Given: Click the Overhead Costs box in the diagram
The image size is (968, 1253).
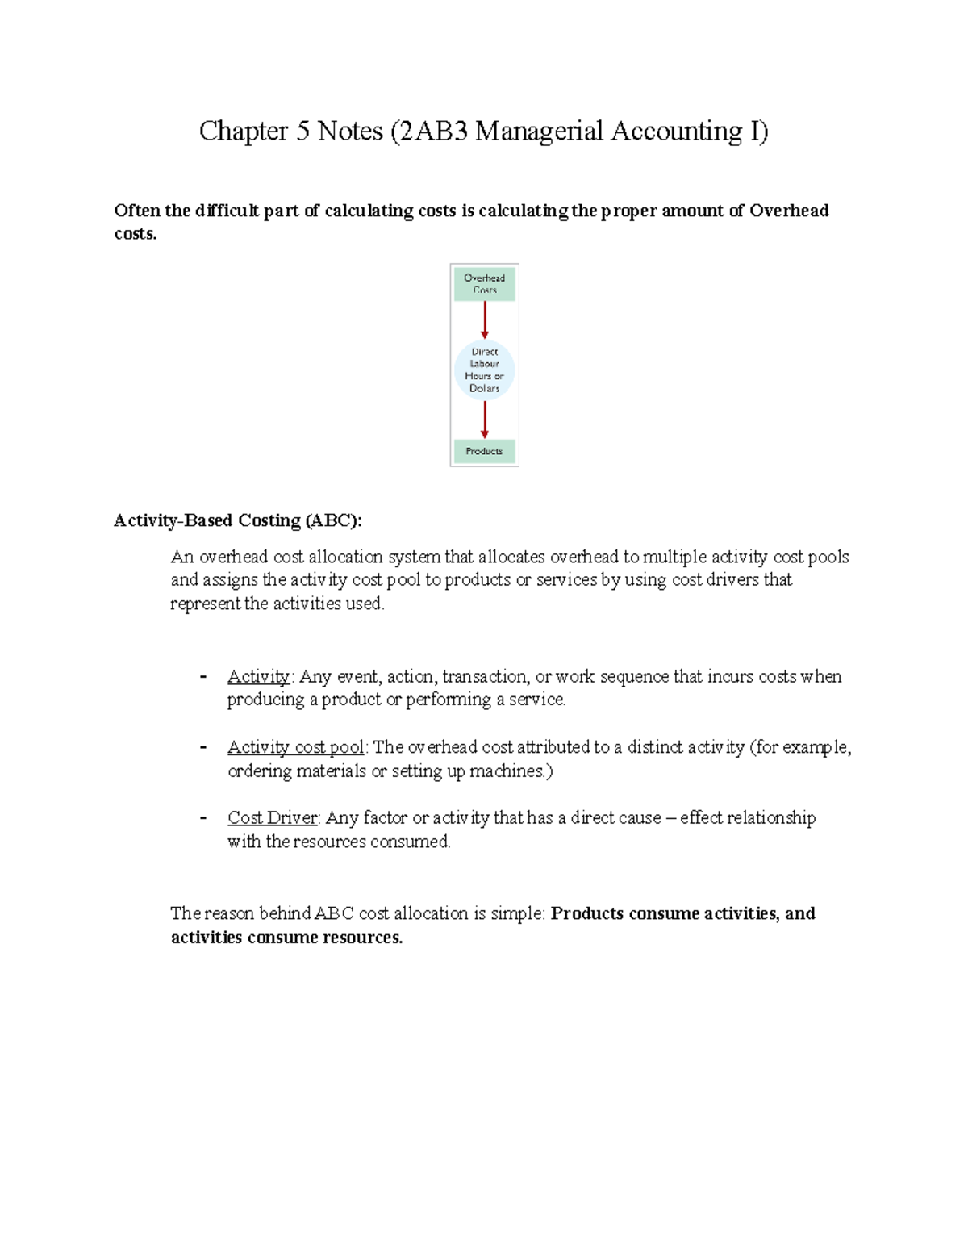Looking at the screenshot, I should coord(484,284).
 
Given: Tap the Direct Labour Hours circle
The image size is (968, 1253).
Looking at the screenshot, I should coord(484,370).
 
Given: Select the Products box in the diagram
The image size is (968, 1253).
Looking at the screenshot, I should coord(484,451).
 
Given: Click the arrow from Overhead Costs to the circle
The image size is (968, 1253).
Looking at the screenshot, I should coord(485,320).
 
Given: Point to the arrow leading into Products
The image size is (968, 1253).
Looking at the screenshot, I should coord(485,420).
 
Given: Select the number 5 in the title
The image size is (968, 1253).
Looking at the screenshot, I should coord(302,131).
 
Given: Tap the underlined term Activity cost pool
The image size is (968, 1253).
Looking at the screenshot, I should coord(295,747).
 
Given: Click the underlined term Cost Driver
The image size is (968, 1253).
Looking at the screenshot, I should coord(273,818).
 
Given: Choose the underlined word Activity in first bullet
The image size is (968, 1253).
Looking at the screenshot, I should coord(258,676).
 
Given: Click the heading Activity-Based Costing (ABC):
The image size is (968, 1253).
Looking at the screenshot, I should coord(238,520).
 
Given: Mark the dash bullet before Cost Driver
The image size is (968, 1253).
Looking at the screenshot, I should coord(203,818).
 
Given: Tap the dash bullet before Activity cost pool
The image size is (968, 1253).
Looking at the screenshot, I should coord(203,747).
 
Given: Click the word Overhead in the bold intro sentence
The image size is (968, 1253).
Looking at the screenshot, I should coord(789,211).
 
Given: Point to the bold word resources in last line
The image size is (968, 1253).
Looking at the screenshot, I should coord(361,938).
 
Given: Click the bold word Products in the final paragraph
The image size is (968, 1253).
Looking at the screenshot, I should coord(586,913).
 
